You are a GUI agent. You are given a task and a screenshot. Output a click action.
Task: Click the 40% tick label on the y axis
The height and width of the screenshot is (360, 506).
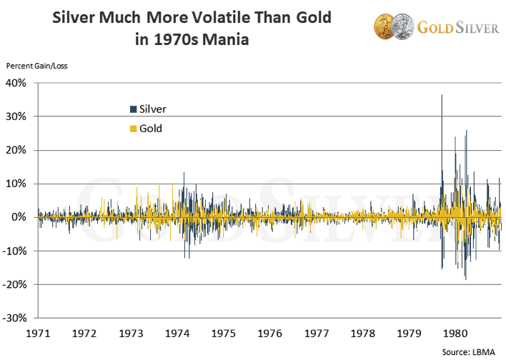click(16, 83)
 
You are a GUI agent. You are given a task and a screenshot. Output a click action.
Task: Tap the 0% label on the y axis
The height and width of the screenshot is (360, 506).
click(19, 217)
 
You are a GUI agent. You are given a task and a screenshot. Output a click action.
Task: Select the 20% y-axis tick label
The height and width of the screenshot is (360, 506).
click(16, 150)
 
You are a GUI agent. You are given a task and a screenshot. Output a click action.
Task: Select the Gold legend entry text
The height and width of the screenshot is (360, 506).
click(151, 129)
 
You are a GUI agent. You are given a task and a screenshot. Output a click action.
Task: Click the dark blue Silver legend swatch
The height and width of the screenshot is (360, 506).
click(133, 109)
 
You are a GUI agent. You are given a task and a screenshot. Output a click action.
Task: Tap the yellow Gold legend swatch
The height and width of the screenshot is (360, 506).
click(133, 129)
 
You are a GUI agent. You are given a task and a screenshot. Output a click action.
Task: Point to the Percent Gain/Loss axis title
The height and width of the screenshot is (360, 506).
click(36, 66)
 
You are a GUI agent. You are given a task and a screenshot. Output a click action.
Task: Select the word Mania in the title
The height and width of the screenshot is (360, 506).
click(224, 40)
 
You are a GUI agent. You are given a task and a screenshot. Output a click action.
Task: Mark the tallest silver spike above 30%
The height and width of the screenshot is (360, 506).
click(442, 96)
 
